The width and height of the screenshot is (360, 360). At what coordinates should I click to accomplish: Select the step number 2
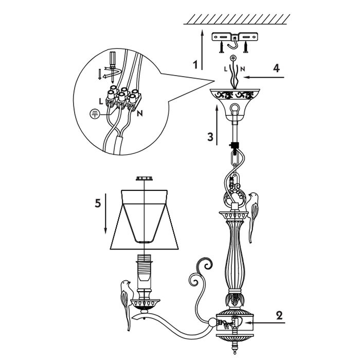(279, 315)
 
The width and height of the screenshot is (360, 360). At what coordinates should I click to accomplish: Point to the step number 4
(277, 67)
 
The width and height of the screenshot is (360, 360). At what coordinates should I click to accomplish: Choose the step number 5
(97, 203)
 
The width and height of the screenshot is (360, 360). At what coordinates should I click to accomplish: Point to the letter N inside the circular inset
(140, 113)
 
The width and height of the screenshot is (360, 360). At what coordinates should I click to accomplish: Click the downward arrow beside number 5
(105, 216)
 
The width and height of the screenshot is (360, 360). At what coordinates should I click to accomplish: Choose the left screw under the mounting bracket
(221, 49)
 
